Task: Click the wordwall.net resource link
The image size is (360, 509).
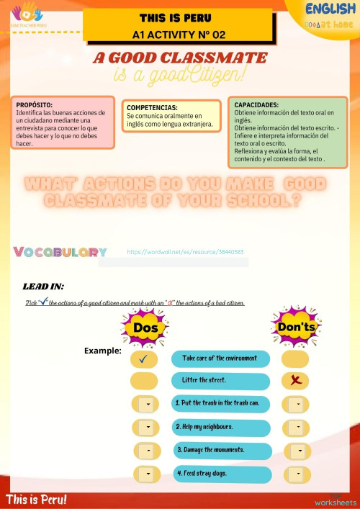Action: [x=185, y=253]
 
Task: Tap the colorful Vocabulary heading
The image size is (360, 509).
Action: [x=60, y=252]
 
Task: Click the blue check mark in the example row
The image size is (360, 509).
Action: [x=145, y=358]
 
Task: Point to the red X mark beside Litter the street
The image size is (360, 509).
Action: [x=295, y=380]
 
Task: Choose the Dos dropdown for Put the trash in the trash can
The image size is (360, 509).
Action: [x=148, y=405]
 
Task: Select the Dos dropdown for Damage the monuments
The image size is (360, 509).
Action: [x=148, y=451]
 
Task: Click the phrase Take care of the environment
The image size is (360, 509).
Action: [x=220, y=358]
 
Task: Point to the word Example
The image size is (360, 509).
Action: [x=102, y=351]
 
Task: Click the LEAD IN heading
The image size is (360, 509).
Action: [x=43, y=287]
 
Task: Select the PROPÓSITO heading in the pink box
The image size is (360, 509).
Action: [x=35, y=105]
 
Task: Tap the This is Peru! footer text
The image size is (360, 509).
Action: [x=37, y=499]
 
